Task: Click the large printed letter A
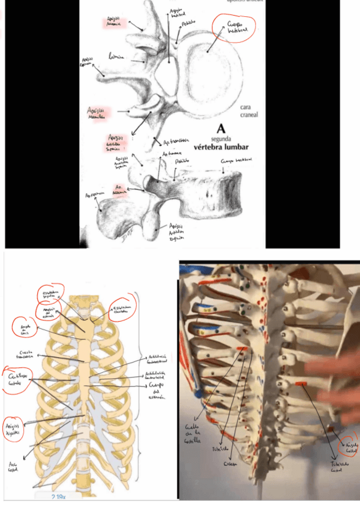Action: pyautogui.click(x=221, y=128)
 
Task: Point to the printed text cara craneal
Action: pyautogui.click(x=248, y=110)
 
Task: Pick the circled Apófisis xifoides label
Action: pyautogui.click(x=14, y=427)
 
